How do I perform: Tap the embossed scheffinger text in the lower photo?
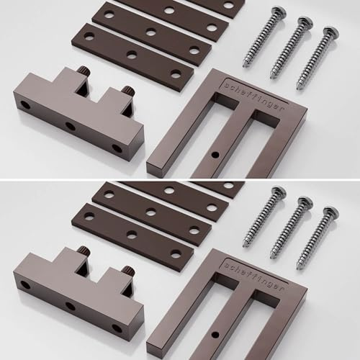point(254,277)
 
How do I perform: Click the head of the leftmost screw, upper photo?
point(279,12)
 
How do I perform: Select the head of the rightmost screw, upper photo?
point(331,32)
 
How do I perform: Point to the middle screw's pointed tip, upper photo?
point(272,78)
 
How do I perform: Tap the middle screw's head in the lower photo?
point(305,202)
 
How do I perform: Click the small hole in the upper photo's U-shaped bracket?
point(215,155)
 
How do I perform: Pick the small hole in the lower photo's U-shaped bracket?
point(215,334)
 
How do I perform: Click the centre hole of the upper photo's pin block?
point(71,126)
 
